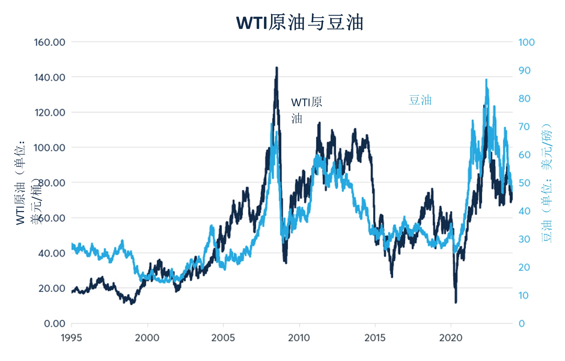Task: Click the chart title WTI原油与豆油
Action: pos(299,23)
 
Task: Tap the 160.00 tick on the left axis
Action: pos(50,42)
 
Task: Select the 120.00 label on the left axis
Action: pos(50,113)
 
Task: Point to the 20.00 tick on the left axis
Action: pos(52,288)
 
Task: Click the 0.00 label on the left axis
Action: pos(55,323)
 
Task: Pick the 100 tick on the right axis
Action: pos(526,42)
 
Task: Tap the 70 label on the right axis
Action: pos(524,127)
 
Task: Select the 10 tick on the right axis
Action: pos(523,295)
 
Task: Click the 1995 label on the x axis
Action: pos(71,338)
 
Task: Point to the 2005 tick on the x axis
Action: pos(223,338)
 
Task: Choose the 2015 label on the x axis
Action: pos(375,338)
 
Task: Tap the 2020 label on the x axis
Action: pos(450,338)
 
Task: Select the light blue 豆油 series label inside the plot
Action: pos(420,100)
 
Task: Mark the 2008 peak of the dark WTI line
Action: pos(277,68)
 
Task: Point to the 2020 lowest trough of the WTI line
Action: pos(456,302)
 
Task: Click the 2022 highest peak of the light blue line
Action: pos(486,80)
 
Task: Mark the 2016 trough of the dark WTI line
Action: pos(392,277)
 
